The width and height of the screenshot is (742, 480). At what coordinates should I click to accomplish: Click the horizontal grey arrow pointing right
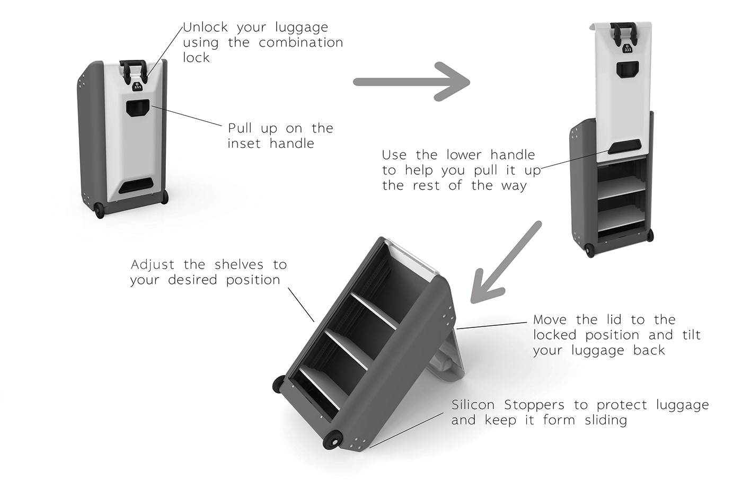(411, 82)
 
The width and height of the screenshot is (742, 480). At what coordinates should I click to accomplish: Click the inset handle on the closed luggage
(137, 108)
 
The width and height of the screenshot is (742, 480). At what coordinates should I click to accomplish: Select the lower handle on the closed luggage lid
(136, 185)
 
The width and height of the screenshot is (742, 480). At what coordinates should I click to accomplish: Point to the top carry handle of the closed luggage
(133, 69)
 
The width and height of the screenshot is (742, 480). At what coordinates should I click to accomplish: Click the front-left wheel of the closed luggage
(100, 210)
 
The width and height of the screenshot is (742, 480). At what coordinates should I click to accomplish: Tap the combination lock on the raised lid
(627, 48)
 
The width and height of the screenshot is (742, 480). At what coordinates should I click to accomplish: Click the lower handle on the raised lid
(624, 146)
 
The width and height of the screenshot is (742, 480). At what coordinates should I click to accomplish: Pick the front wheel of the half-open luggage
(590, 251)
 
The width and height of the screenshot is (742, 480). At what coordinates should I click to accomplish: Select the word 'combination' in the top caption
(301, 43)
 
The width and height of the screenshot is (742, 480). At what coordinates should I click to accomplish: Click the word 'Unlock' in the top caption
(206, 27)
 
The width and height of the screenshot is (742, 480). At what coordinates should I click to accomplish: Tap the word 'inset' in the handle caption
(244, 144)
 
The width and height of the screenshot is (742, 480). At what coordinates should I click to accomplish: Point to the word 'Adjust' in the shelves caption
(153, 265)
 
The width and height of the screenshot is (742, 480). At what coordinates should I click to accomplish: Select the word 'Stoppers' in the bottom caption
(534, 405)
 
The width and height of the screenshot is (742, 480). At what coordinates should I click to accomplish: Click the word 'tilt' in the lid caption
(691, 335)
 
